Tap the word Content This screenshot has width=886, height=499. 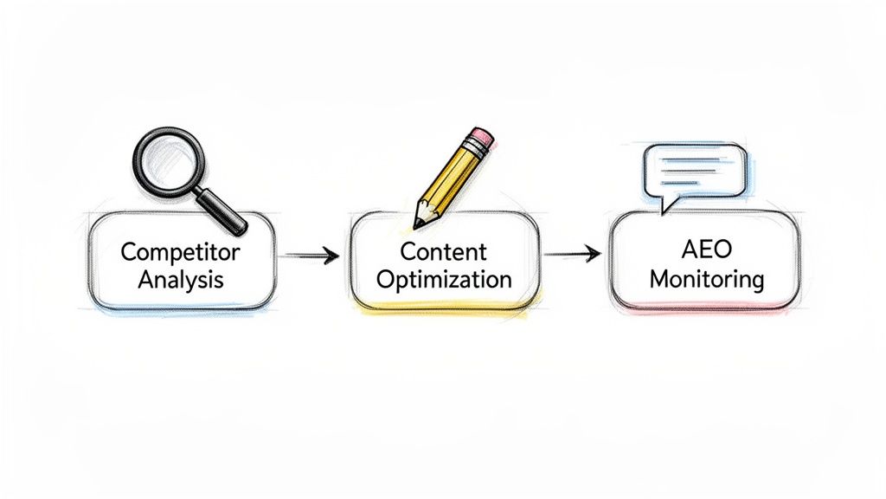point(444,252)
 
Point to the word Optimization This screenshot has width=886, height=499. point(444,280)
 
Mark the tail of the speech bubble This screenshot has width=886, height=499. point(664,206)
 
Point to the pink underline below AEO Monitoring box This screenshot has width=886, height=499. point(705,308)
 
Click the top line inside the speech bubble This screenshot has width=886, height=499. point(693,161)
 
